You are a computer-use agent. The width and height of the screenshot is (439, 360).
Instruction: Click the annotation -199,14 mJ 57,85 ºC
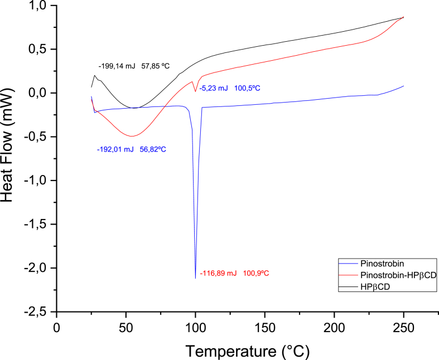(134, 66)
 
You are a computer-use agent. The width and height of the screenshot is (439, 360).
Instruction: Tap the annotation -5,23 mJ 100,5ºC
(230, 88)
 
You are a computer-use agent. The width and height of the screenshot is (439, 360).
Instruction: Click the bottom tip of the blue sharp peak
(195, 278)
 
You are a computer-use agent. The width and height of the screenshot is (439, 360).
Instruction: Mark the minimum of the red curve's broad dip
(132, 136)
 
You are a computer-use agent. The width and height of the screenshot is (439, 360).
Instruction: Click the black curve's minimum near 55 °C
(134, 108)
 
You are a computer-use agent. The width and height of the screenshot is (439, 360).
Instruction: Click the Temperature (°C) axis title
(247, 351)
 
